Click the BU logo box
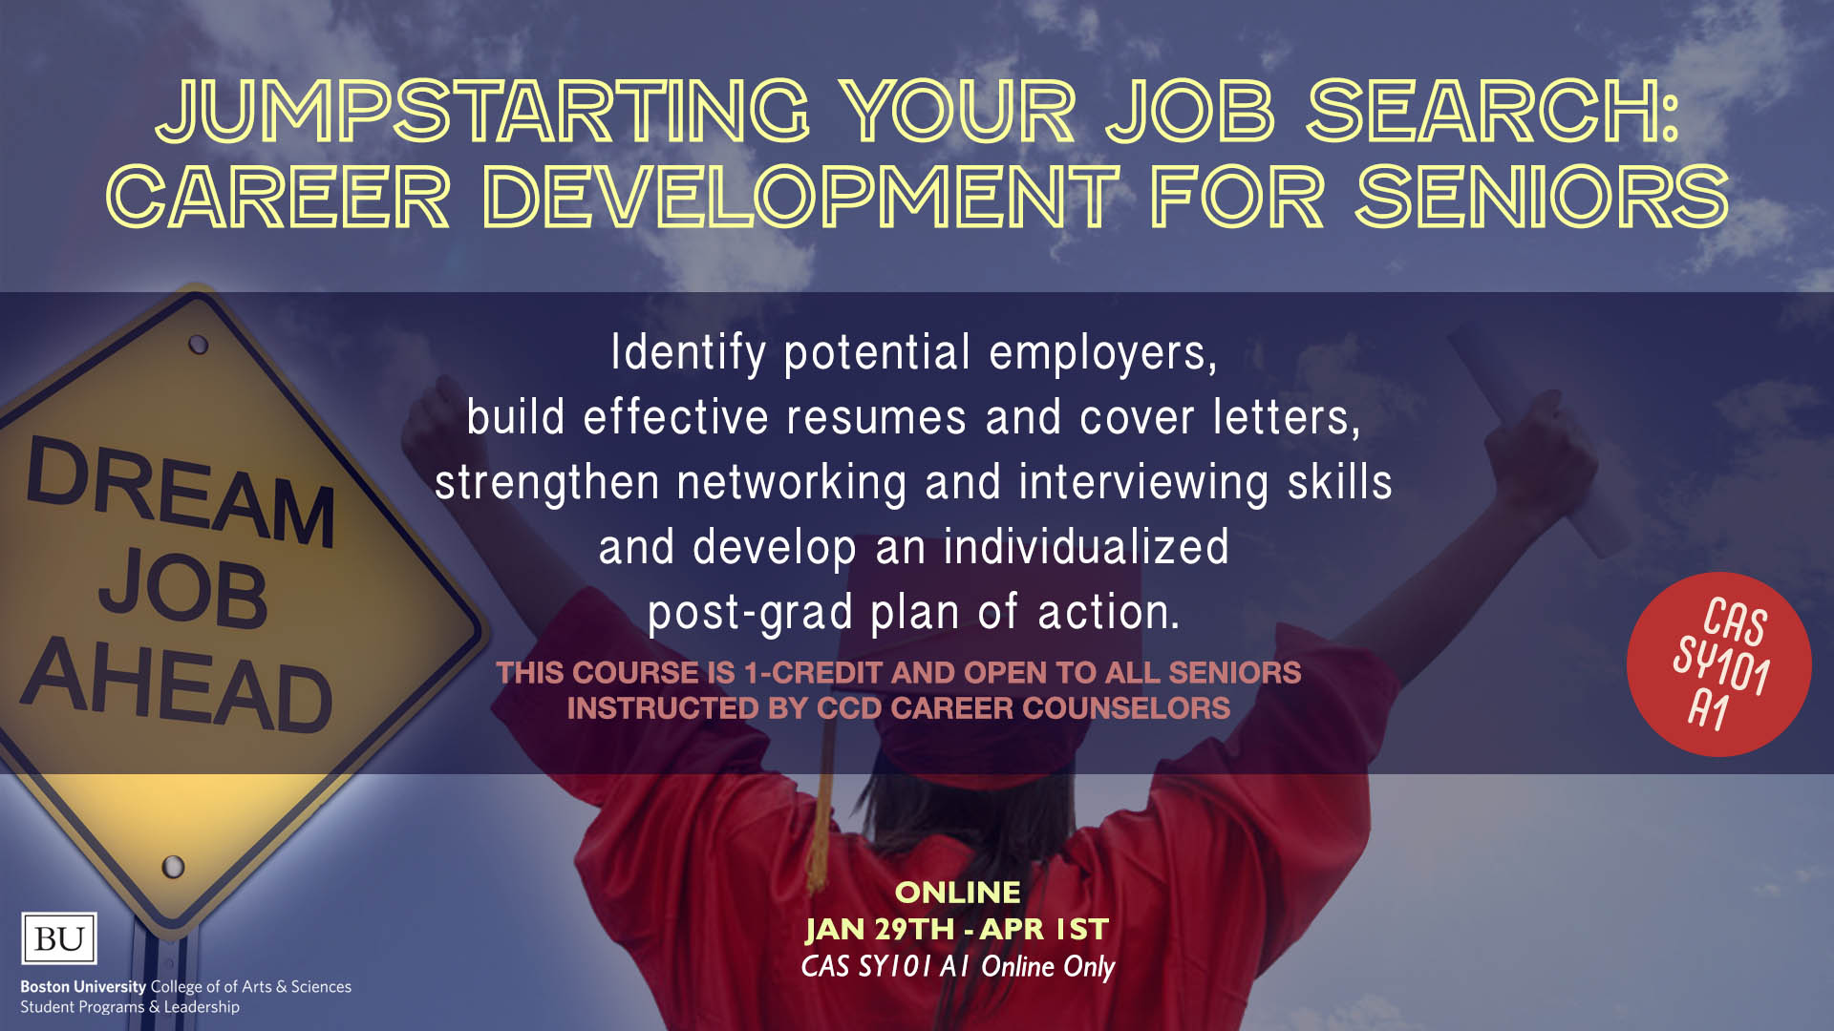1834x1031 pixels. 59,938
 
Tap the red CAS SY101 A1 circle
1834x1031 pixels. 1718,664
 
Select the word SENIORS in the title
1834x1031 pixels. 1542,197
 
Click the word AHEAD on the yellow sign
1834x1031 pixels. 178,684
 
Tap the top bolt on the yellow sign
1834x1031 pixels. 199,345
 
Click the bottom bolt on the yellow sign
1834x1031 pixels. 173,867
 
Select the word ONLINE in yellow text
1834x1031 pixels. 957,892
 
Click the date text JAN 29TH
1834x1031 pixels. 880,929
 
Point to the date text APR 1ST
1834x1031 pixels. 1045,929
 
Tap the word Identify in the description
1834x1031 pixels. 688,354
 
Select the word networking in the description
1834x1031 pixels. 792,483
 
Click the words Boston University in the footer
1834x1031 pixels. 83,986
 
